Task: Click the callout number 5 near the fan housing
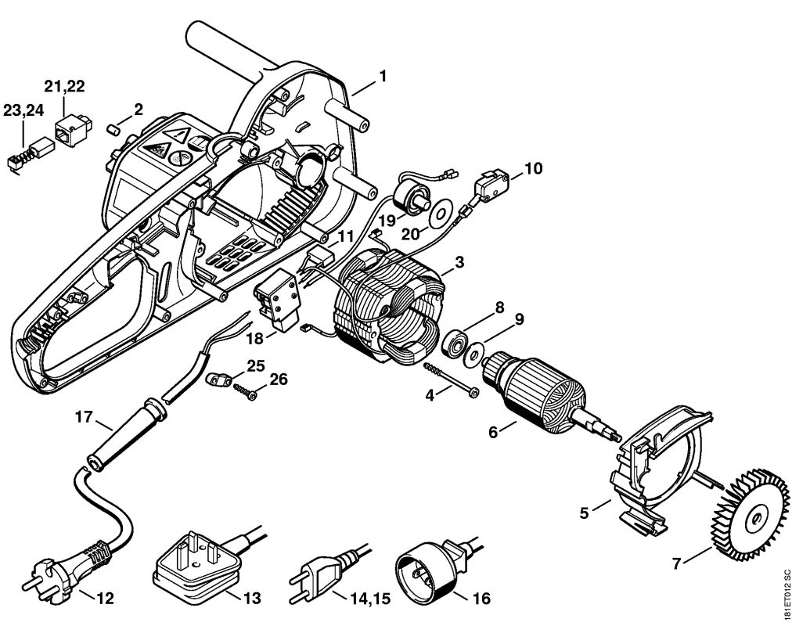coord(584,514)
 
